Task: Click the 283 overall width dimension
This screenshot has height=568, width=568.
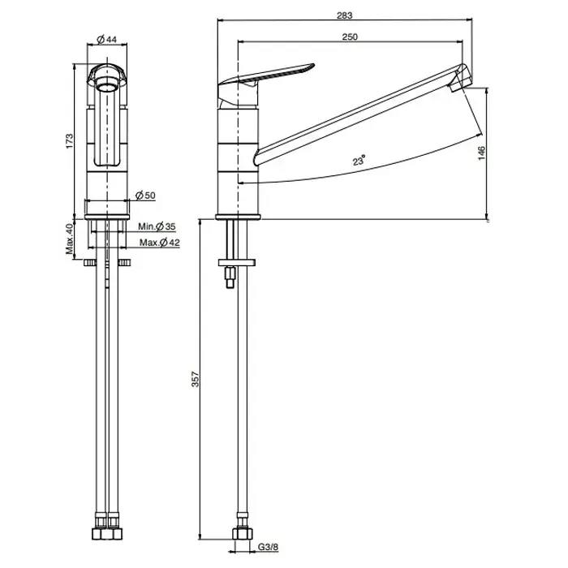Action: click(344, 15)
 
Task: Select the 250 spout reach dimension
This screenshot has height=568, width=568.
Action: click(350, 37)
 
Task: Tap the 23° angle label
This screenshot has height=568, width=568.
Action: click(359, 160)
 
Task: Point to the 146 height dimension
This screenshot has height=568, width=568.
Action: click(481, 153)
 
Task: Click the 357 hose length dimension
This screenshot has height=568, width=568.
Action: click(196, 379)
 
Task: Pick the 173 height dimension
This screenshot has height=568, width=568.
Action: click(69, 141)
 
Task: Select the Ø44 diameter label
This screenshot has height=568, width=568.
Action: click(107, 39)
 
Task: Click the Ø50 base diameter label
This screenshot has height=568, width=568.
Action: click(145, 196)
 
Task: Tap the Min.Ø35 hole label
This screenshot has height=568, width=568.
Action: click(157, 226)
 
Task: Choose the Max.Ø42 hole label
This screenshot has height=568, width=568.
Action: click(160, 243)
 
